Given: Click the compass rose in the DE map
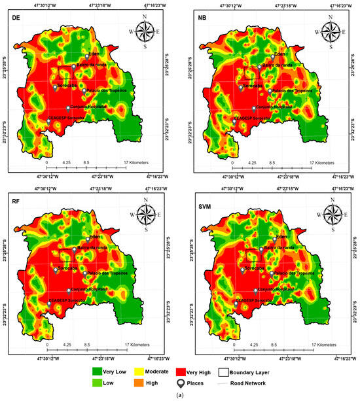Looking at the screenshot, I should [147, 30].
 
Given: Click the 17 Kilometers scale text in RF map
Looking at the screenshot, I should [136, 345].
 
